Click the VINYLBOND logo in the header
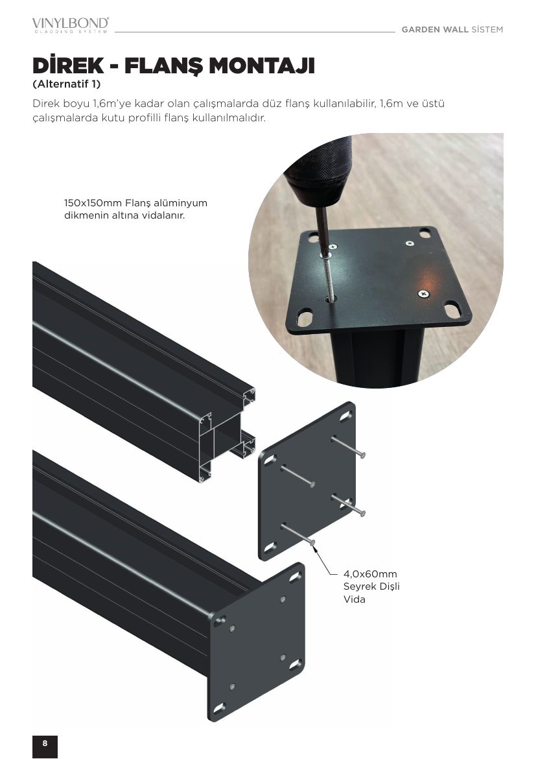[71, 25]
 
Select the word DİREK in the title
[68, 66]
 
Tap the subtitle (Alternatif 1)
[66, 84]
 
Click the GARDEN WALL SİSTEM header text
[452, 30]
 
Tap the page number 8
[45, 743]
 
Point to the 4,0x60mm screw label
[370, 574]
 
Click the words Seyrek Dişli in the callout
[371, 586]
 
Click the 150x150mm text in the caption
[93, 203]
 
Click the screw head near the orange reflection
[423, 293]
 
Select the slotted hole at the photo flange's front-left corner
[305, 317]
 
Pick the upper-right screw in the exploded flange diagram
[348, 446]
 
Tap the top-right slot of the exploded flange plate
[346, 415]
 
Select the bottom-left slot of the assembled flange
[218, 708]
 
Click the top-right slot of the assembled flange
[295, 577]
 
